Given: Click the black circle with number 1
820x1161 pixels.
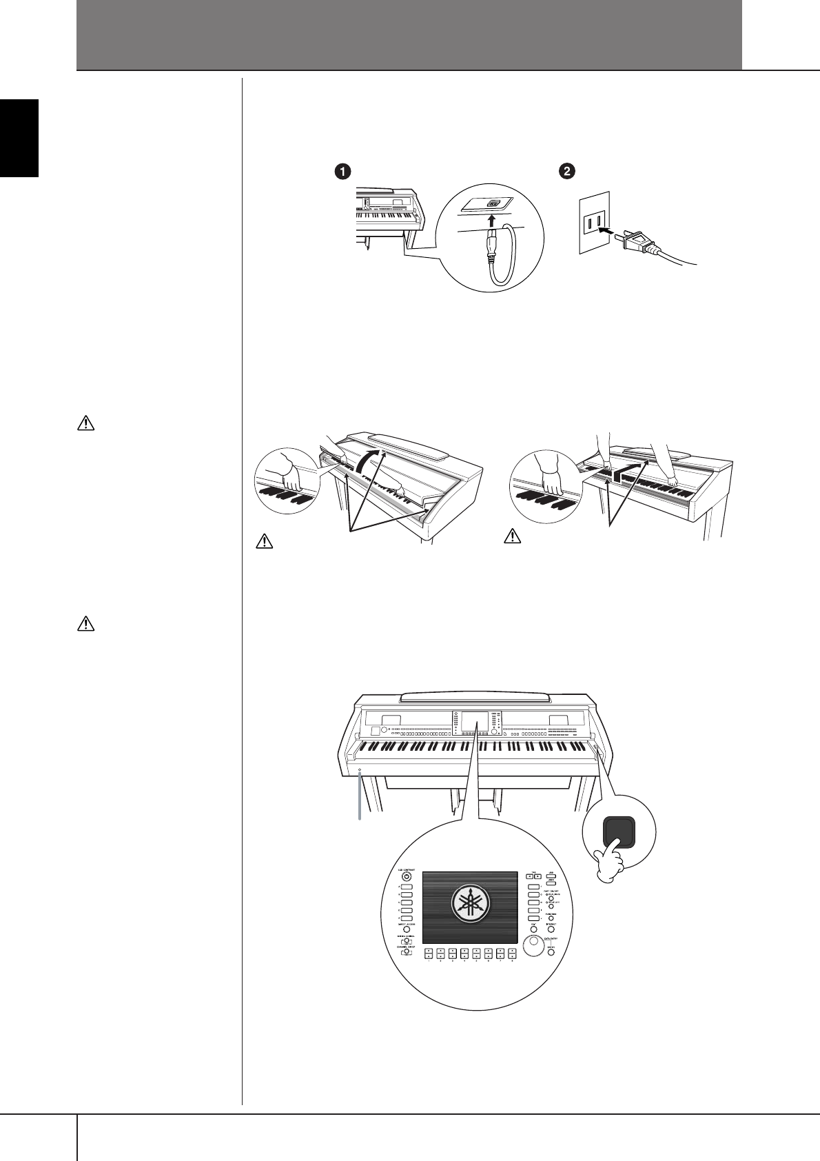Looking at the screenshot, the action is point(339,173).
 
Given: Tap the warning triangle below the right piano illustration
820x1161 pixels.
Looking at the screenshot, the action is point(512,536).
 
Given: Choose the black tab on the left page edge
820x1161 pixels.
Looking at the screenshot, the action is point(19,138).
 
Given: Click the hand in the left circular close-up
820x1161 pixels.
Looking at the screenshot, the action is point(283,476).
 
